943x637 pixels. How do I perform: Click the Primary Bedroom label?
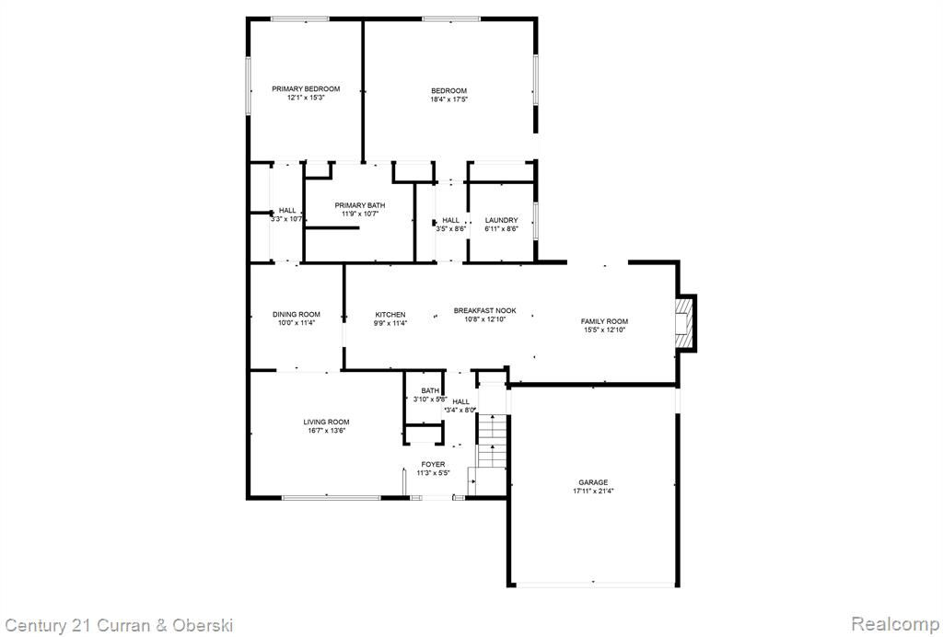(306, 89)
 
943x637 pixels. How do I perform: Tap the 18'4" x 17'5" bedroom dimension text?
(448, 99)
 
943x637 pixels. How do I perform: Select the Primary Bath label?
(360, 205)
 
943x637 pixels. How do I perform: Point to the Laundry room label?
(501, 221)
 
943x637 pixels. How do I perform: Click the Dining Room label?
(296, 314)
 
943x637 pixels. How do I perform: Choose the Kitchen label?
(390, 314)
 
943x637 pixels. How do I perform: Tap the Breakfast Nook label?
(484, 311)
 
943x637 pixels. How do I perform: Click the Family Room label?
(604, 321)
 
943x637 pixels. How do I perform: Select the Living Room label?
(326, 423)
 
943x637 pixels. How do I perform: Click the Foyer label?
(433, 465)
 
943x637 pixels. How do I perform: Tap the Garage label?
(593, 482)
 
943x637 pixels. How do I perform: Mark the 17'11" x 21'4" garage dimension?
(593, 491)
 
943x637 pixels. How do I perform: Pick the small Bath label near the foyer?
(430, 391)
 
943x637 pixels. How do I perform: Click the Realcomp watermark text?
(896, 624)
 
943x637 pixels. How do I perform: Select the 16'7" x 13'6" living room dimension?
(326, 431)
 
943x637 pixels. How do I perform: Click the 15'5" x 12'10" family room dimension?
(604, 330)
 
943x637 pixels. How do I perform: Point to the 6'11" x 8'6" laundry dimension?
(501, 229)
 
